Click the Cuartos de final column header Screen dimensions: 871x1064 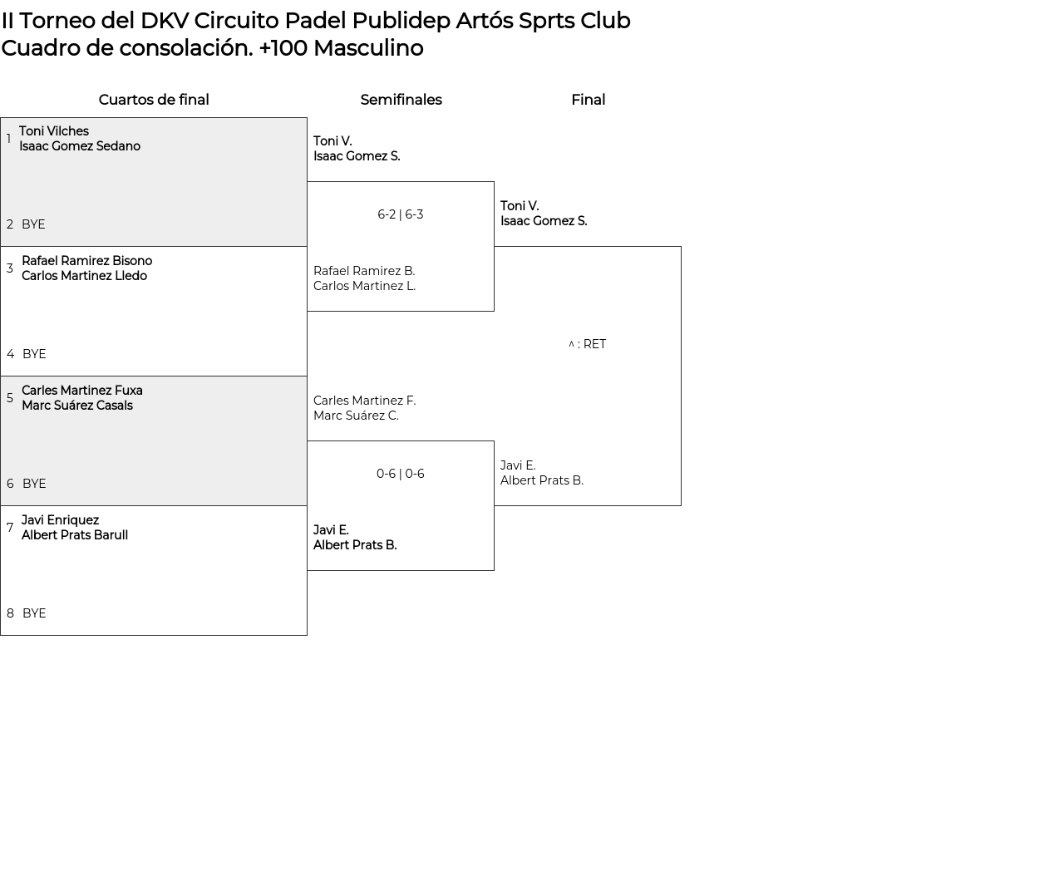154,100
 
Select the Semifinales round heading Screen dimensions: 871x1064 401,100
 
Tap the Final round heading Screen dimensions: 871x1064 588,100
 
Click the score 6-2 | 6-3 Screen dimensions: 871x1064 400,214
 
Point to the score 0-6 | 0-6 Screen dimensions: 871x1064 400,474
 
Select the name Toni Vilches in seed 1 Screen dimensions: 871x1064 53,131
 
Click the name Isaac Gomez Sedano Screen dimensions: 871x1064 80,146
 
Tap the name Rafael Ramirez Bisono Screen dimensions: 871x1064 86,261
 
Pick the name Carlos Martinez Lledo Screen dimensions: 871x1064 84,276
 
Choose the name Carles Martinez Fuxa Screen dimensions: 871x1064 81,391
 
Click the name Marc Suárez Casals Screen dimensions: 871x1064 76,406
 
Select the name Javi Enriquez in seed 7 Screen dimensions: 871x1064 60,520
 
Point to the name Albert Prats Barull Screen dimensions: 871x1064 74,535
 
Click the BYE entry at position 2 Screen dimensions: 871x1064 33,224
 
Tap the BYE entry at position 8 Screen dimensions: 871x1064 34,613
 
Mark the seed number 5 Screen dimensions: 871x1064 10,398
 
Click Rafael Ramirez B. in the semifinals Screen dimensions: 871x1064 364,271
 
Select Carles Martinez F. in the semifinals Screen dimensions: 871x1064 364,401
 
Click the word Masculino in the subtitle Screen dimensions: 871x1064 368,48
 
